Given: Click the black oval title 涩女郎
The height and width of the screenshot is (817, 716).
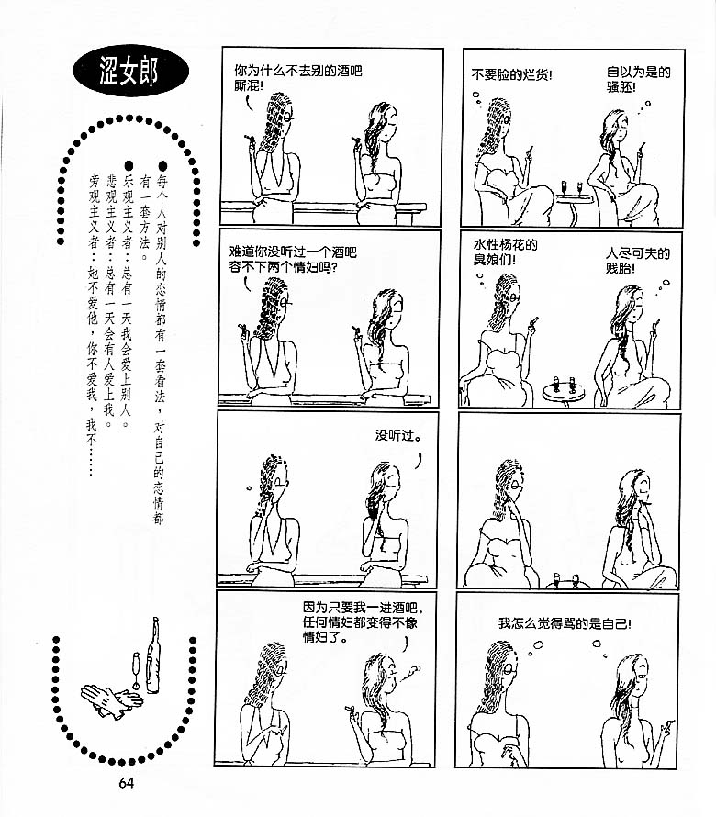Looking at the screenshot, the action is (x=130, y=71).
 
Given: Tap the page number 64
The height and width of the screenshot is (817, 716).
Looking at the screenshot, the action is (x=126, y=783).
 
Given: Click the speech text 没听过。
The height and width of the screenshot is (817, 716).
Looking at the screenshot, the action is (x=398, y=435).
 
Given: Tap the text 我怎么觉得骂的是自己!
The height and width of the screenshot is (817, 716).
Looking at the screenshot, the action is (x=565, y=623).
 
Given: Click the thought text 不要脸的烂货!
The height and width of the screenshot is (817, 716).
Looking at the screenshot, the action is (x=511, y=75).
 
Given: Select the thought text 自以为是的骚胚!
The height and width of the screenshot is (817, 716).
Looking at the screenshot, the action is (x=638, y=79).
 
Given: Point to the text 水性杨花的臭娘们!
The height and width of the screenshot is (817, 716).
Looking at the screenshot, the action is (x=505, y=252).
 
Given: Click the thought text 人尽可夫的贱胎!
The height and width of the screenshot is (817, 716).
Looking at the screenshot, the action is (x=637, y=261).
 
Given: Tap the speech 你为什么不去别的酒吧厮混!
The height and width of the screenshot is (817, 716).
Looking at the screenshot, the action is (x=297, y=78).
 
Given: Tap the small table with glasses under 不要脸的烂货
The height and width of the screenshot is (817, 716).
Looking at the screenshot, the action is (x=573, y=201).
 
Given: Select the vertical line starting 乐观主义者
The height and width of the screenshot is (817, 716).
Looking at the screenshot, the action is (x=128, y=295).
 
